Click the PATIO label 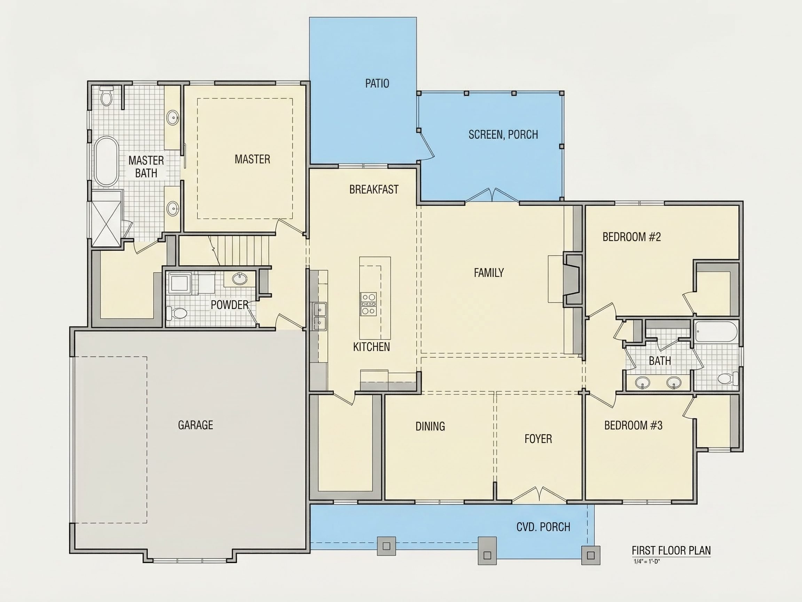coord(377,84)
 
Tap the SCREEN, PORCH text coord(503,134)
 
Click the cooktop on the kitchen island coord(368,304)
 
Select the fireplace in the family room coord(572,279)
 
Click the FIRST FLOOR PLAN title coord(671,550)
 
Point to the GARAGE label coord(195,425)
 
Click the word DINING coord(430,426)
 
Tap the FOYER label coord(538,439)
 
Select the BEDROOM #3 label coord(633,425)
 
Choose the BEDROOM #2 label coord(631,237)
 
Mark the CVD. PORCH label coord(543,527)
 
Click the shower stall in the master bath coord(106,218)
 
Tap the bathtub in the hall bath coord(716,331)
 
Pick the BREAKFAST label coord(374,190)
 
